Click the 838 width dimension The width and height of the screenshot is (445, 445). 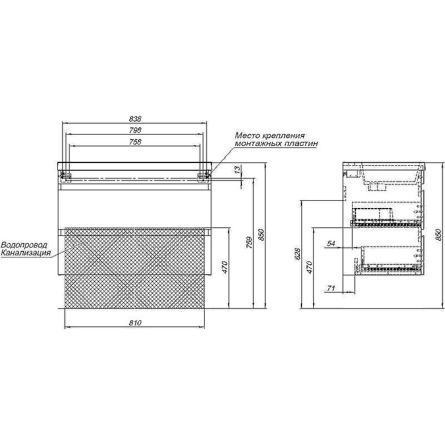(x=135, y=119)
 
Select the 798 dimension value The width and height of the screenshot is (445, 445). (x=135, y=130)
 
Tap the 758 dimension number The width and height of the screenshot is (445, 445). (x=135, y=142)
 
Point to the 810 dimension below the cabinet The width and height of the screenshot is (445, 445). (x=135, y=323)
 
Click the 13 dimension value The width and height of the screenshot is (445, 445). (x=238, y=170)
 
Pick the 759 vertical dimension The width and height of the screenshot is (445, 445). (x=249, y=243)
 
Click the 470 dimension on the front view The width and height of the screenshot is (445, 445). (x=225, y=268)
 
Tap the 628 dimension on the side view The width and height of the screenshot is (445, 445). (x=298, y=254)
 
